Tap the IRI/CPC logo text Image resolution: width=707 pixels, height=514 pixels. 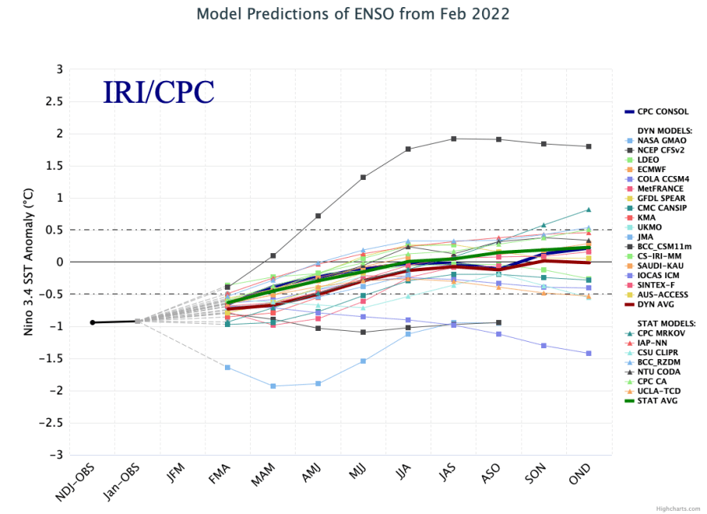pos(158,92)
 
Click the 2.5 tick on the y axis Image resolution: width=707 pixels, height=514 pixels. pos(54,101)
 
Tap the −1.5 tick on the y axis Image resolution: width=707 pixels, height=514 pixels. pos(52,358)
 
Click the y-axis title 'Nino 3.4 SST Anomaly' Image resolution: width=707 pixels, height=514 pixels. pos(31,262)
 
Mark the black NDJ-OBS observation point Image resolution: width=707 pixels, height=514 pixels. pos(93,322)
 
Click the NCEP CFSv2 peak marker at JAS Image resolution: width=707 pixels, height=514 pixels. pos(454,139)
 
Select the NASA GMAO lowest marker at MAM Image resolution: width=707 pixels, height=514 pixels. pos(273,386)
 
